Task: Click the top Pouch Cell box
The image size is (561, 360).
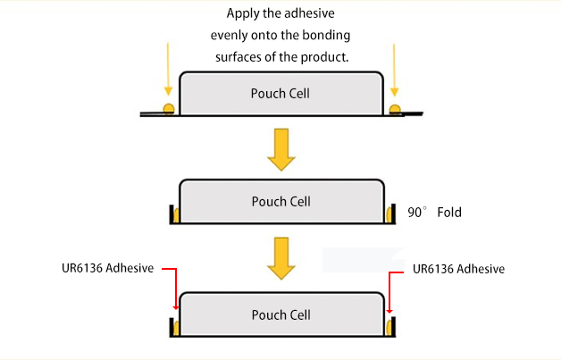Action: pos(281,93)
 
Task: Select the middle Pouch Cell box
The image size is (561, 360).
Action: pos(281,202)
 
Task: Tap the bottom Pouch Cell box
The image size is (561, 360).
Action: pos(281,314)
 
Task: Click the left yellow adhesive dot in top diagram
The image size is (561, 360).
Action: pos(167,109)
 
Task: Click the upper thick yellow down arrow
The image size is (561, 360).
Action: pos(281,148)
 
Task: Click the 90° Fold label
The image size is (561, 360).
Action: pos(435,213)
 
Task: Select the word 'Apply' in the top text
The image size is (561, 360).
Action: pos(243,13)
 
